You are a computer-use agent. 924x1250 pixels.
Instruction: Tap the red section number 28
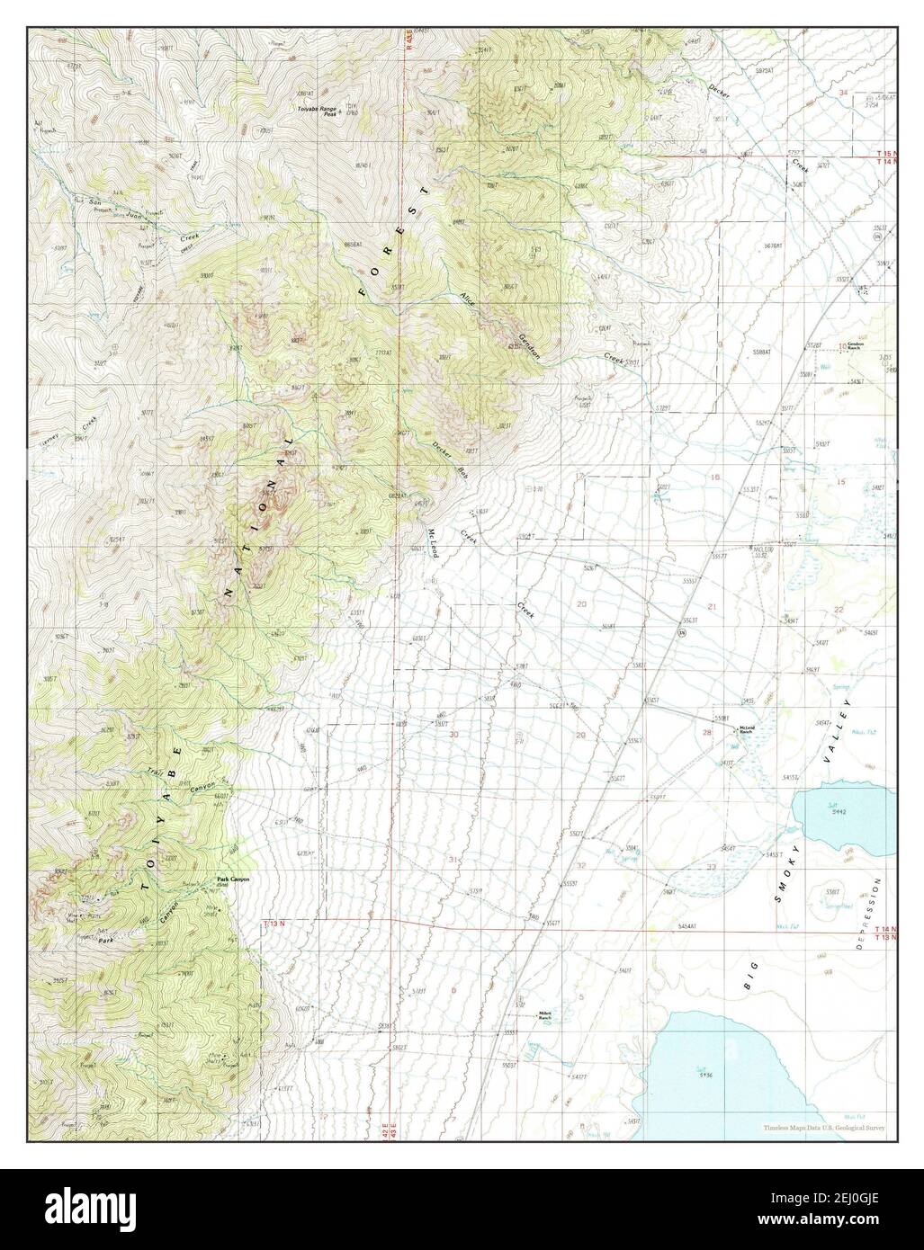click(706, 732)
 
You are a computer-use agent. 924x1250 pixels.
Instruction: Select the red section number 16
click(716, 478)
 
